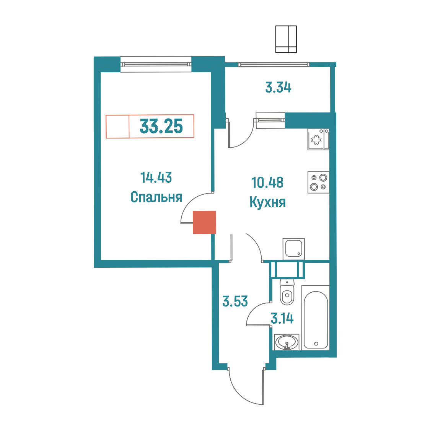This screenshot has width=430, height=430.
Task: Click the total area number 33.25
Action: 161,126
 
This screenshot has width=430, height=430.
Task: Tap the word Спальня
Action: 156,197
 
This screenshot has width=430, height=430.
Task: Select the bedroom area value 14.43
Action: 156,178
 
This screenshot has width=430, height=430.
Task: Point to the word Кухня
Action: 268,202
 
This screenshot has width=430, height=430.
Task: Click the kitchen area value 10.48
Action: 267,182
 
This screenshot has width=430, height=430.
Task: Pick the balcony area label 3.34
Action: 279,88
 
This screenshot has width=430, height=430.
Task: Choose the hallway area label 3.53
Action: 235,301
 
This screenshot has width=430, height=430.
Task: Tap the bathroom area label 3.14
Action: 282,319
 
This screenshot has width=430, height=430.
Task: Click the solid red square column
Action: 204,222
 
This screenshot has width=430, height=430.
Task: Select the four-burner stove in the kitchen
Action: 318,182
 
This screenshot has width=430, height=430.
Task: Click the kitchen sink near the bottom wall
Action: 294,249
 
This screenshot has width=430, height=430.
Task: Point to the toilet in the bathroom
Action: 287,292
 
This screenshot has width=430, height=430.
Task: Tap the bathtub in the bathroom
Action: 316,318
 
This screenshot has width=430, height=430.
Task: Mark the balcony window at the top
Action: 274,65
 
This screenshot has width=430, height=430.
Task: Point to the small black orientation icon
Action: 286,39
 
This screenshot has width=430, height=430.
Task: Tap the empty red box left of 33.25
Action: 118,126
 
